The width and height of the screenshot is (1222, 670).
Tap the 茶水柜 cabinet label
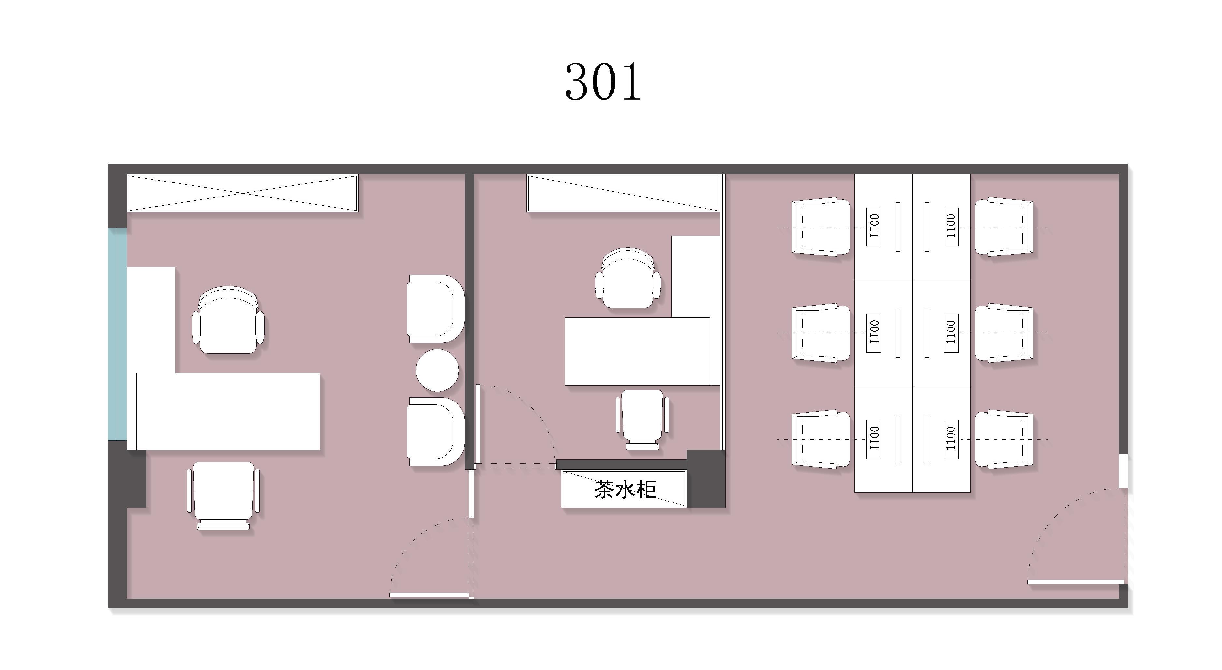pyautogui.click(x=625, y=489)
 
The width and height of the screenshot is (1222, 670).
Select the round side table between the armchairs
pyautogui.click(x=437, y=370)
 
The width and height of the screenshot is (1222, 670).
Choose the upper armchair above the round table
pyautogui.click(x=435, y=309)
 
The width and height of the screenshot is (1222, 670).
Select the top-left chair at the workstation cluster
pyautogui.click(x=821, y=227)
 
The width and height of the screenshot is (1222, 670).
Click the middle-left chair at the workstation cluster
pyautogui.click(x=821, y=333)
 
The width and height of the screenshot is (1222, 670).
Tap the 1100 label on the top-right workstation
pyautogui.click(x=951, y=226)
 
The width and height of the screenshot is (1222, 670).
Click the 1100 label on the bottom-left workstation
pyautogui.click(x=874, y=439)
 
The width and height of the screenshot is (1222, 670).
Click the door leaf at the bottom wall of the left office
pyautogui.click(x=429, y=595)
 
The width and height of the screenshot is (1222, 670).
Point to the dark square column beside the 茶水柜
pyautogui.click(x=706, y=479)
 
